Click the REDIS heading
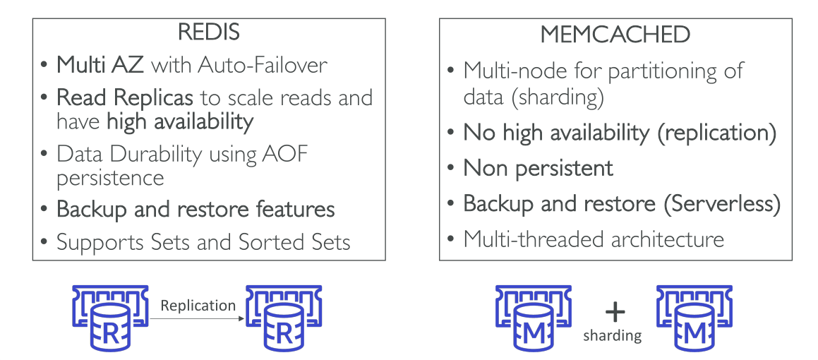209,32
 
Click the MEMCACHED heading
615,35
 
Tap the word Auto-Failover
263,65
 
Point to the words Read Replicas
125,97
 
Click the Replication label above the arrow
198,305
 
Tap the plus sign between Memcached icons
615,312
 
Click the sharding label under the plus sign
613,335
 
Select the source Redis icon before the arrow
110,318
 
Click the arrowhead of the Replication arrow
242,318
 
